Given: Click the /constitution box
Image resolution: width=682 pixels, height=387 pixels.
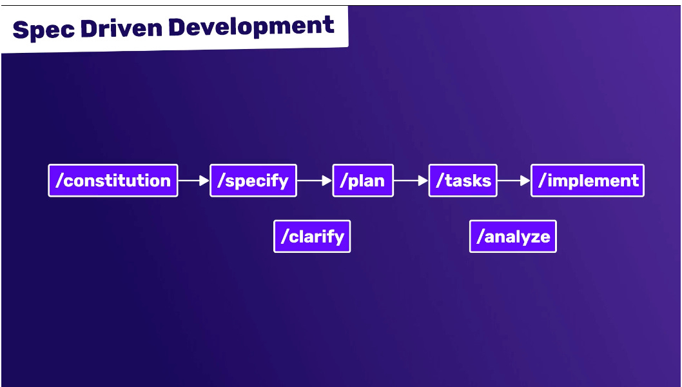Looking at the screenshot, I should (x=113, y=181).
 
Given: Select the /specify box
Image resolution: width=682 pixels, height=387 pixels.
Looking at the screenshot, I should (x=253, y=181).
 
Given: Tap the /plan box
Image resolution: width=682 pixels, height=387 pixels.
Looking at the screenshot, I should (x=363, y=181).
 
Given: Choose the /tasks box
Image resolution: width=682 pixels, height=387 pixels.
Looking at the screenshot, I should (x=463, y=181).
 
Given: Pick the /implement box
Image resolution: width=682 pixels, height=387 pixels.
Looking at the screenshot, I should (x=587, y=181).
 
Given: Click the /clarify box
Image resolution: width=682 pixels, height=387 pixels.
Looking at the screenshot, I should (x=312, y=237).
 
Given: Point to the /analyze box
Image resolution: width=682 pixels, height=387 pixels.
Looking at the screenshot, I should (x=512, y=237).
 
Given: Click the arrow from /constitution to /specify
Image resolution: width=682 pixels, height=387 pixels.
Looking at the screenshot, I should (x=193, y=181).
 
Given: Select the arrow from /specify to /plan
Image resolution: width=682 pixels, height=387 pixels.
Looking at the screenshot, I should (x=315, y=181).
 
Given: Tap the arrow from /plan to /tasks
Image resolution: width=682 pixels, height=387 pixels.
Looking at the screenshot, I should (x=411, y=181).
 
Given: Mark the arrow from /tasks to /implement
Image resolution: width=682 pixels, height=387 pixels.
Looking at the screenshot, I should (x=514, y=181).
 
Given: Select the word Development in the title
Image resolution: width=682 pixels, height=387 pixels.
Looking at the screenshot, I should (x=252, y=26).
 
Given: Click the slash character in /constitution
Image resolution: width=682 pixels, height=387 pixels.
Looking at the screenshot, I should (x=59, y=181).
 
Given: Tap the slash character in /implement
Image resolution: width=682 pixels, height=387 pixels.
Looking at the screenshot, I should (x=541, y=181).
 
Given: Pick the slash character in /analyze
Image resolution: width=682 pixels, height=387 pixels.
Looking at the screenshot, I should (x=480, y=237).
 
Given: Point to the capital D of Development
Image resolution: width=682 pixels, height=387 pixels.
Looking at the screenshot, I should (x=178, y=27).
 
